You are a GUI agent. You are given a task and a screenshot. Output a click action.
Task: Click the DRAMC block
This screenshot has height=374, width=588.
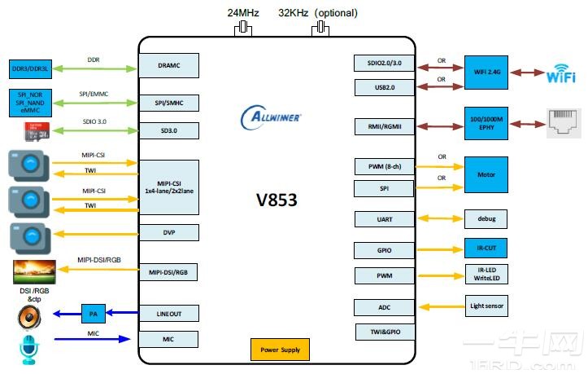[x=168, y=64]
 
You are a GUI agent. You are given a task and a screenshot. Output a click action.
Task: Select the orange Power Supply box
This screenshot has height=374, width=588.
[x=280, y=350]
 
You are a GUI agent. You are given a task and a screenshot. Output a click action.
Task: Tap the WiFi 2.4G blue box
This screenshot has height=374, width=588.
[x=486, y=72]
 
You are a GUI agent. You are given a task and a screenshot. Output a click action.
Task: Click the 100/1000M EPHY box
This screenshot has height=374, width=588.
[x=486, y=125]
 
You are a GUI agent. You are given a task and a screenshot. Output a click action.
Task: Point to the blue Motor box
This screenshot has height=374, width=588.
[x=486, y=175]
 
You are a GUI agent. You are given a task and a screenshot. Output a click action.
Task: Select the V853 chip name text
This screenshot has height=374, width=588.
[x=277, y=198]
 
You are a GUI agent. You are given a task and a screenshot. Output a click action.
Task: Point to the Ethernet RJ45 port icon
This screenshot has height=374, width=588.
[x=566, y=125]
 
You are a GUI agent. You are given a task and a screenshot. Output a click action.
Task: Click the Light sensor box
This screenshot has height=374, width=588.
[x=486, y=307]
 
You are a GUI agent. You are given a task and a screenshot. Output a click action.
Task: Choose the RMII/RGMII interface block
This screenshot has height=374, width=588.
[x=385, y=126]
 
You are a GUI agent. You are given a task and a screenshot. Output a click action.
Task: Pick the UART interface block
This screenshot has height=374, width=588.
[x=385, y=218]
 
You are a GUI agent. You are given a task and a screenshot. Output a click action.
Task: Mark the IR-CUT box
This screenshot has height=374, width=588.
[x=486, y=248]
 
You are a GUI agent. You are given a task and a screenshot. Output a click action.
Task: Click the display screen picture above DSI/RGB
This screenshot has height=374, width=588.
[x=34, y=271]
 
